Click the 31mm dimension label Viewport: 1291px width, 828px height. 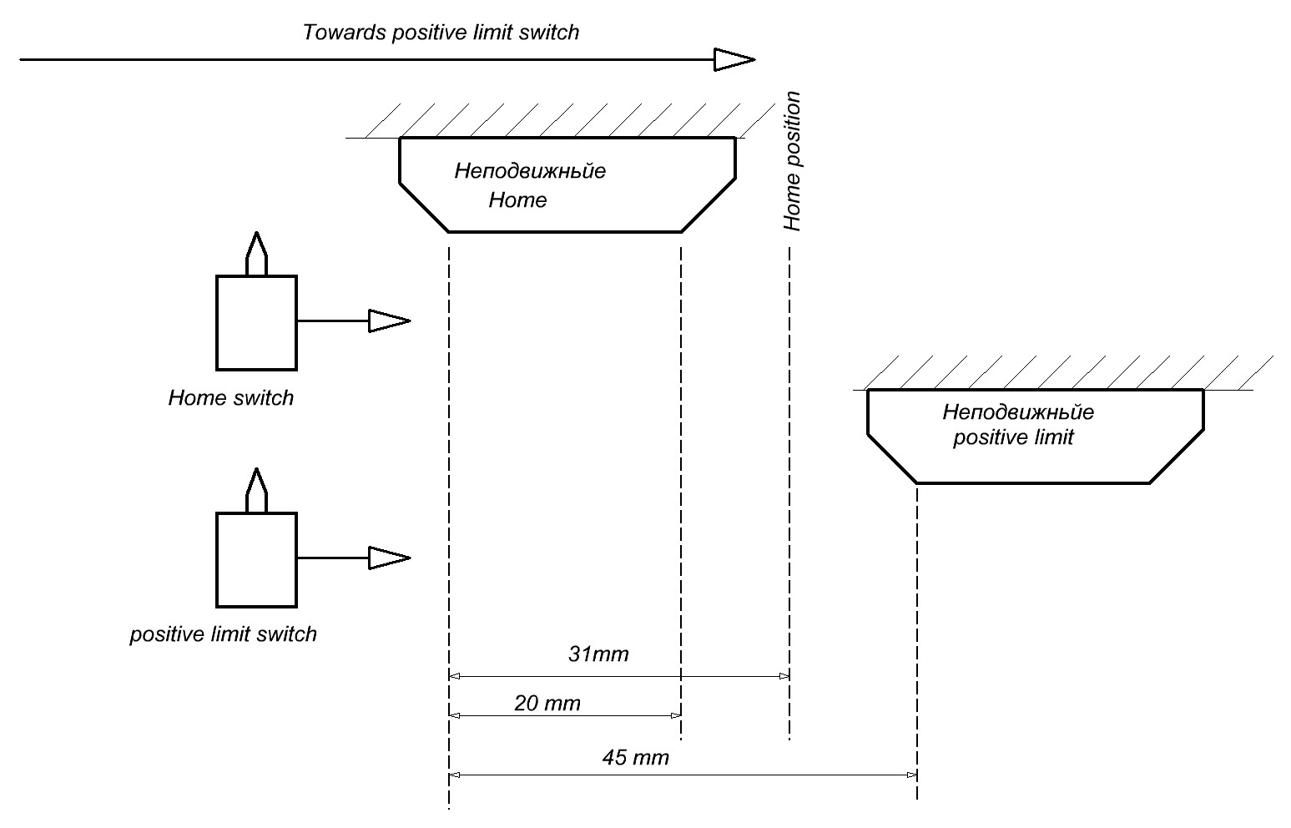click(598, 654)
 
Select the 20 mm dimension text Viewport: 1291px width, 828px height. click(547, 704)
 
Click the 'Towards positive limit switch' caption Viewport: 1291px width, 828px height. click(441, 33)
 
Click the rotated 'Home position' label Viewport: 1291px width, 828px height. click(792, 162)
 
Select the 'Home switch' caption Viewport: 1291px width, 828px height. click(231, 397)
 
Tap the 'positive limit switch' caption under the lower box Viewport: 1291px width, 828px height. click(224, 634)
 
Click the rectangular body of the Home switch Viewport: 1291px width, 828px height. click(256, 322)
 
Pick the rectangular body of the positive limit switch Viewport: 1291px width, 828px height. click(256, 559)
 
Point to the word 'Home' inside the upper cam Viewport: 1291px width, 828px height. click(517, 200)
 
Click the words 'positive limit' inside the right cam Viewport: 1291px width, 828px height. click(1013, 437)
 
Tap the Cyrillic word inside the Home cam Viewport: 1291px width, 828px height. click(530, 172)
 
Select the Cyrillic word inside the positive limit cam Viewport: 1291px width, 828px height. click(1018, 412)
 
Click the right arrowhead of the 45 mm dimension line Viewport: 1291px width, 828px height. click(912, 775)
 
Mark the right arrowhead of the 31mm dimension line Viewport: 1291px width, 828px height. click(784, 675)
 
